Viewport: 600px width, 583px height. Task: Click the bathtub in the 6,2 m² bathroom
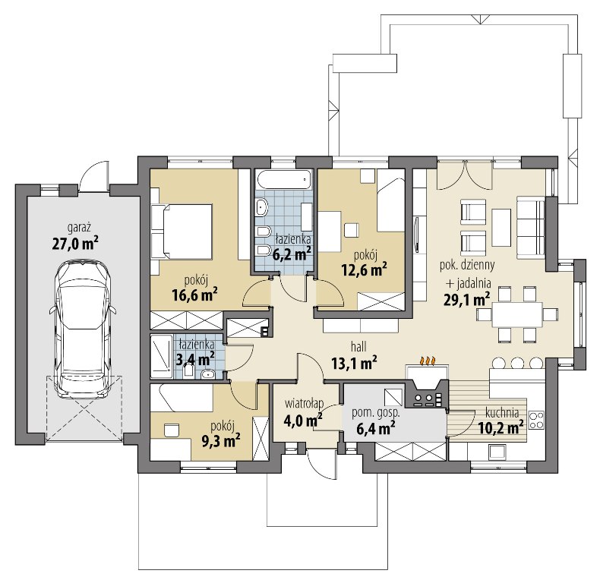tap(283, 180)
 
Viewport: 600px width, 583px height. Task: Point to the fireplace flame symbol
tap(428, 361)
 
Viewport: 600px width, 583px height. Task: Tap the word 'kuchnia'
tap(502, 413)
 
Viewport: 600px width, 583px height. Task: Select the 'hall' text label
tap(358, 347)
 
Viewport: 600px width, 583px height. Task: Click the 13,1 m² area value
tap(354, 363)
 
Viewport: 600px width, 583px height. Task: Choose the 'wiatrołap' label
tap(305, 403)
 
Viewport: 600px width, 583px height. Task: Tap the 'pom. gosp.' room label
tap(376, 413)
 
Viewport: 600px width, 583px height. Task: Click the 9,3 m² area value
tap(221, 441)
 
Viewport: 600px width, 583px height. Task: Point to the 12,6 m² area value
tap(364, 270)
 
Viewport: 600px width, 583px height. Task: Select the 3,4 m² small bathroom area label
tap(194, 360)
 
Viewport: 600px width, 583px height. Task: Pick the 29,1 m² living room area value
tap(467, 300)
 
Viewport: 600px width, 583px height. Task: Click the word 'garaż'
tap(79, 228)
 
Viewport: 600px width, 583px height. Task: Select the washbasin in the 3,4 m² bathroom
tap(207, 373)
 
